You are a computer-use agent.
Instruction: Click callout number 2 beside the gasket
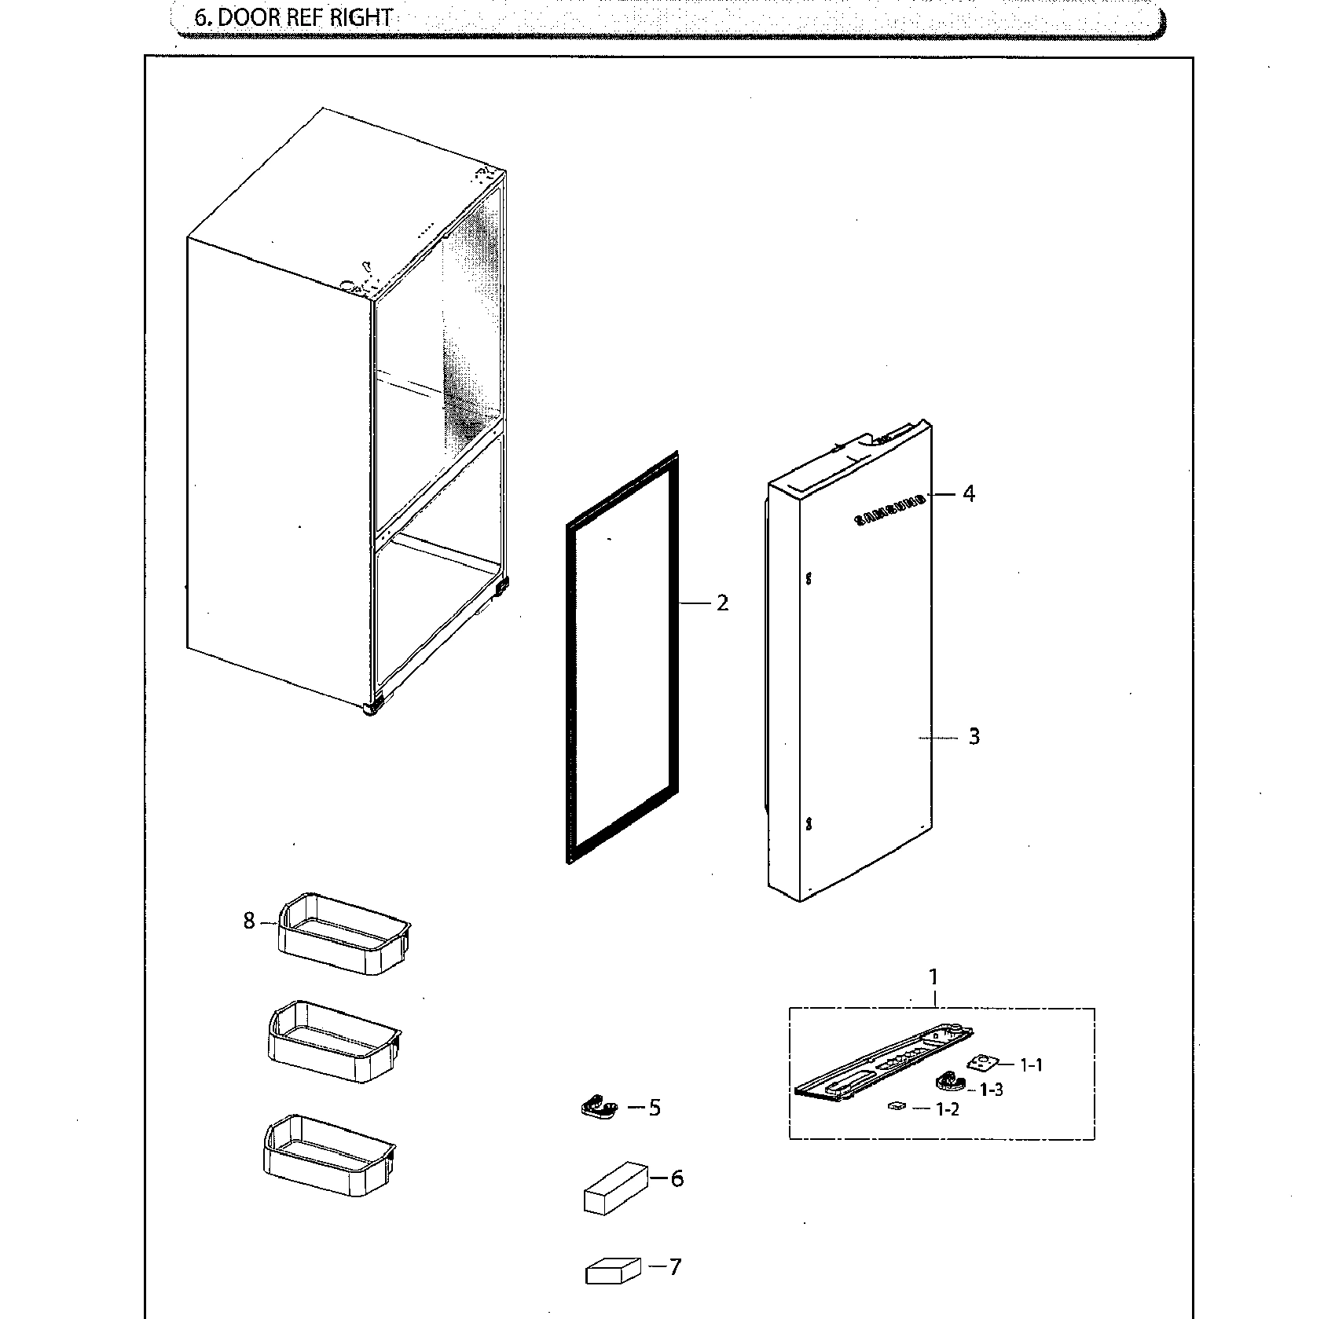[722, 603]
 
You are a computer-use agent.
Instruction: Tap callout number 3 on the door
[974, 737]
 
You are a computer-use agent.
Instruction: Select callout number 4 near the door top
[969, 494]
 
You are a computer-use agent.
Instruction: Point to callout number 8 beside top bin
[249, 921]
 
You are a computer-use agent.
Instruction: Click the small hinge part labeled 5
[599, 1108]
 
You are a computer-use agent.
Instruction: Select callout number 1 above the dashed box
[933, 977]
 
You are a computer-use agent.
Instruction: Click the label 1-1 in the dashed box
[1031, 1065]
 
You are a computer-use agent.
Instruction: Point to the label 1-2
[947, 1109]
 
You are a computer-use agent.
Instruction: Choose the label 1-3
[991, 1090]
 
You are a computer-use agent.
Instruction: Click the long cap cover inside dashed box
[880, 1061]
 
